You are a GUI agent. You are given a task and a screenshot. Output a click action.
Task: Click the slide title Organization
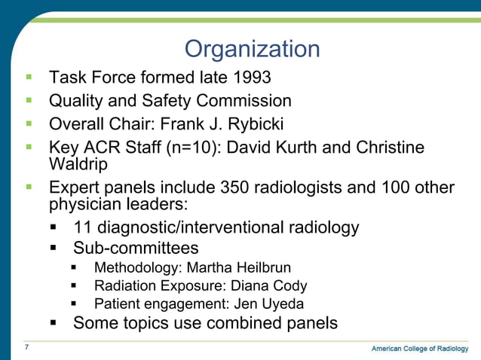(252, 50)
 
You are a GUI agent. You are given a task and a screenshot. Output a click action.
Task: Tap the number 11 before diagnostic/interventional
(83, 227)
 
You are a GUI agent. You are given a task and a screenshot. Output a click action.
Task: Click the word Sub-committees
(136, 248)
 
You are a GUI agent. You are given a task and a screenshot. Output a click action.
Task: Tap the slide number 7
(26, 347)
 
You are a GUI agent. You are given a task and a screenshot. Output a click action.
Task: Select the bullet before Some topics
(54, 323)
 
